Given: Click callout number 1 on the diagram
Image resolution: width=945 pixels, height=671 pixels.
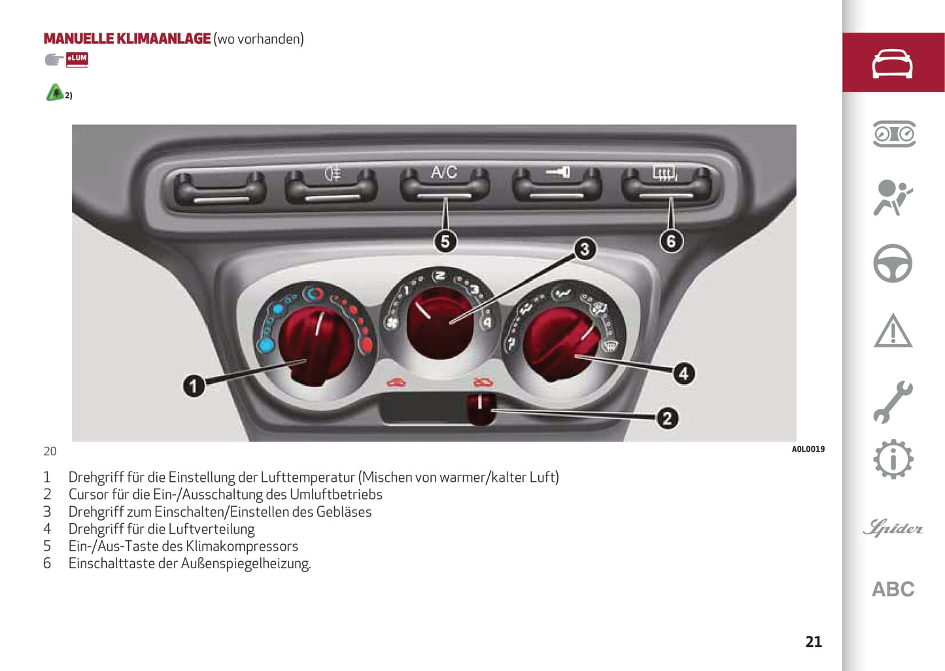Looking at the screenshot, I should [x=194, y=386].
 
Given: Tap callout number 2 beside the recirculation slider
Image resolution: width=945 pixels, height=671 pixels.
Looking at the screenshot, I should [x=666, y=419].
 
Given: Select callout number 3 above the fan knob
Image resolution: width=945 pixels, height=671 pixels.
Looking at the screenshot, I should [x=585, y=249].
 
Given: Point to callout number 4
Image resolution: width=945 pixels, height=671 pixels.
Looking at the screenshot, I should [x=683, y=373].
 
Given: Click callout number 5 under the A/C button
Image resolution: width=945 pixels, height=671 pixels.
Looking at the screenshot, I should [x=445, y=241].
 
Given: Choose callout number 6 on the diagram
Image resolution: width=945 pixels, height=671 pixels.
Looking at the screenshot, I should [x=670, y=241].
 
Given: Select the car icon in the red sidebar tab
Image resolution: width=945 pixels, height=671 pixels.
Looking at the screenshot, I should [x=893, y=63].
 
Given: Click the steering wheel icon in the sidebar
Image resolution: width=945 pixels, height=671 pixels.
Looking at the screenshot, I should [x=893, y=264].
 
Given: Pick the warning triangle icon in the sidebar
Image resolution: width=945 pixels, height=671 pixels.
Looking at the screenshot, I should [x=893, y=330].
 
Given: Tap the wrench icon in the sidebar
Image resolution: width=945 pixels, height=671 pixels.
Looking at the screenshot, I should [x=893, y=402].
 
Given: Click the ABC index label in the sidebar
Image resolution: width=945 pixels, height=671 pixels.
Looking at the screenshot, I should [x=893, y=589].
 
